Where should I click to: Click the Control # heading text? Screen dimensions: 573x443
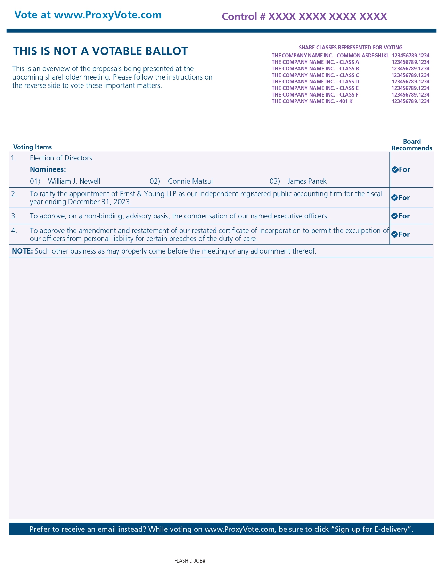(x=304, y=16)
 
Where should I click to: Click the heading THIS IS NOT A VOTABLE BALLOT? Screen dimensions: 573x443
(x=100, y=51)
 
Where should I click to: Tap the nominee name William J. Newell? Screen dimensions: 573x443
(x=74, y=181)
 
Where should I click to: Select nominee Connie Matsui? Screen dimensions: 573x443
(x=190, y=181)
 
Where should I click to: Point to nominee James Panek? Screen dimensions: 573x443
(x=307, y=181)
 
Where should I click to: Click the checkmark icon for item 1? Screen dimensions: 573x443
(x=395, y=169)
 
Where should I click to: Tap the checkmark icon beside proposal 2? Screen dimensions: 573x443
(x=395, y=198)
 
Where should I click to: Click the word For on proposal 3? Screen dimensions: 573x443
(x=404, y=216)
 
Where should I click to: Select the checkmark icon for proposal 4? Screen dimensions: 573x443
(x=395, y=234)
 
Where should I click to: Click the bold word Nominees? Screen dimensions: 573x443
(x=48, y=169)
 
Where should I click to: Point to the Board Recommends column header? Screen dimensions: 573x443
(x=412, y=145)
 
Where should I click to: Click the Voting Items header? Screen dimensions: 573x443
(x=32, y=147)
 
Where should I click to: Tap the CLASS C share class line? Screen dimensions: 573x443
(x=350, y=75)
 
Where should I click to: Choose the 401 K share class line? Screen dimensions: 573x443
(x=350, y=101)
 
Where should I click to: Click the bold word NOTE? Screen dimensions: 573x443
(x=22, y=251)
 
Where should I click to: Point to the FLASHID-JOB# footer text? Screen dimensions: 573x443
(x=190, y=561)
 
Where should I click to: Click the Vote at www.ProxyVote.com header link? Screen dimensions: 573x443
(x=88, y=15)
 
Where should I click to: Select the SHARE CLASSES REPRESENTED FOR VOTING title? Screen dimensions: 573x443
(x=350, y=48)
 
